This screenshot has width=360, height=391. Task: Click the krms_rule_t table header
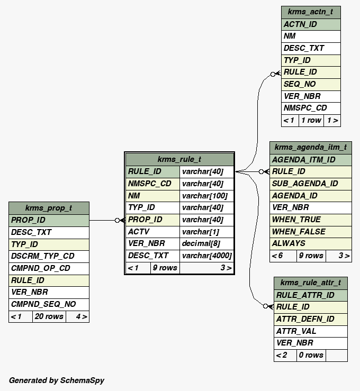point(179,159)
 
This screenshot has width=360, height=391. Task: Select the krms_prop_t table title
point(49,208)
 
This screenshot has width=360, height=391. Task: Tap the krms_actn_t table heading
point(310,12)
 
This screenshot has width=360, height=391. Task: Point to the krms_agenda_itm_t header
point(310,147)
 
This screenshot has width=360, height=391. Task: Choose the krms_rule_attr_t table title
point(310,283)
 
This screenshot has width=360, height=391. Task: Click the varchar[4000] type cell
point(206,256)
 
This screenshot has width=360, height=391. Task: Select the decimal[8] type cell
point(206,243)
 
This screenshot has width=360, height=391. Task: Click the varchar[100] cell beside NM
point(206,196)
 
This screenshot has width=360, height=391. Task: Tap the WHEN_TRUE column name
point(310,220)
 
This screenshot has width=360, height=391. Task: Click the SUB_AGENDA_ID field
point(310,184)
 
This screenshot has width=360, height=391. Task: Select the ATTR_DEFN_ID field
point(310,319)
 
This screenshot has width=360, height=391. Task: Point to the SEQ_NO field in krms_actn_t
point(310,84)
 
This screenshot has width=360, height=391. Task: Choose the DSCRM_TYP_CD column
point(49,256)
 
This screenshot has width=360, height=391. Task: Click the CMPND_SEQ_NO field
point(49,304)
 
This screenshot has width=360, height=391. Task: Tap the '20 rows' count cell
point(49,316)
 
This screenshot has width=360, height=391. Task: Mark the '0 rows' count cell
point(310,355)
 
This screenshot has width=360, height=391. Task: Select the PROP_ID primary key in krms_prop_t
point(49,220)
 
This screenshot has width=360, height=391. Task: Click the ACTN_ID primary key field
point(310,24)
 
